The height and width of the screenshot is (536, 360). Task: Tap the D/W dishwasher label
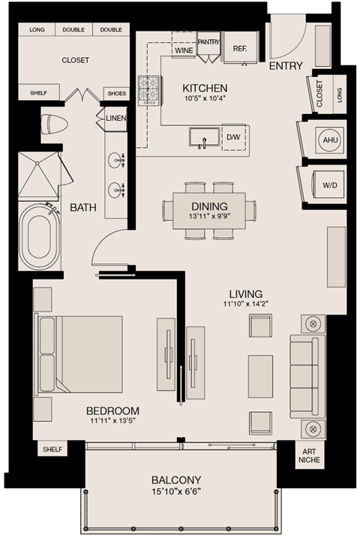pos(233,138)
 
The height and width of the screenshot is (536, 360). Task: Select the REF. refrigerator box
pos(240,47)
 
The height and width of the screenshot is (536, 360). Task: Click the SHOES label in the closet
pos(117,93)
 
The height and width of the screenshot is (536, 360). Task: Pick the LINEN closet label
pos(115,118)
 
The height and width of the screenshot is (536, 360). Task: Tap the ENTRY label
pos(285,66)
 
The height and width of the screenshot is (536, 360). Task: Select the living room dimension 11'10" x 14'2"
pos(246,304)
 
